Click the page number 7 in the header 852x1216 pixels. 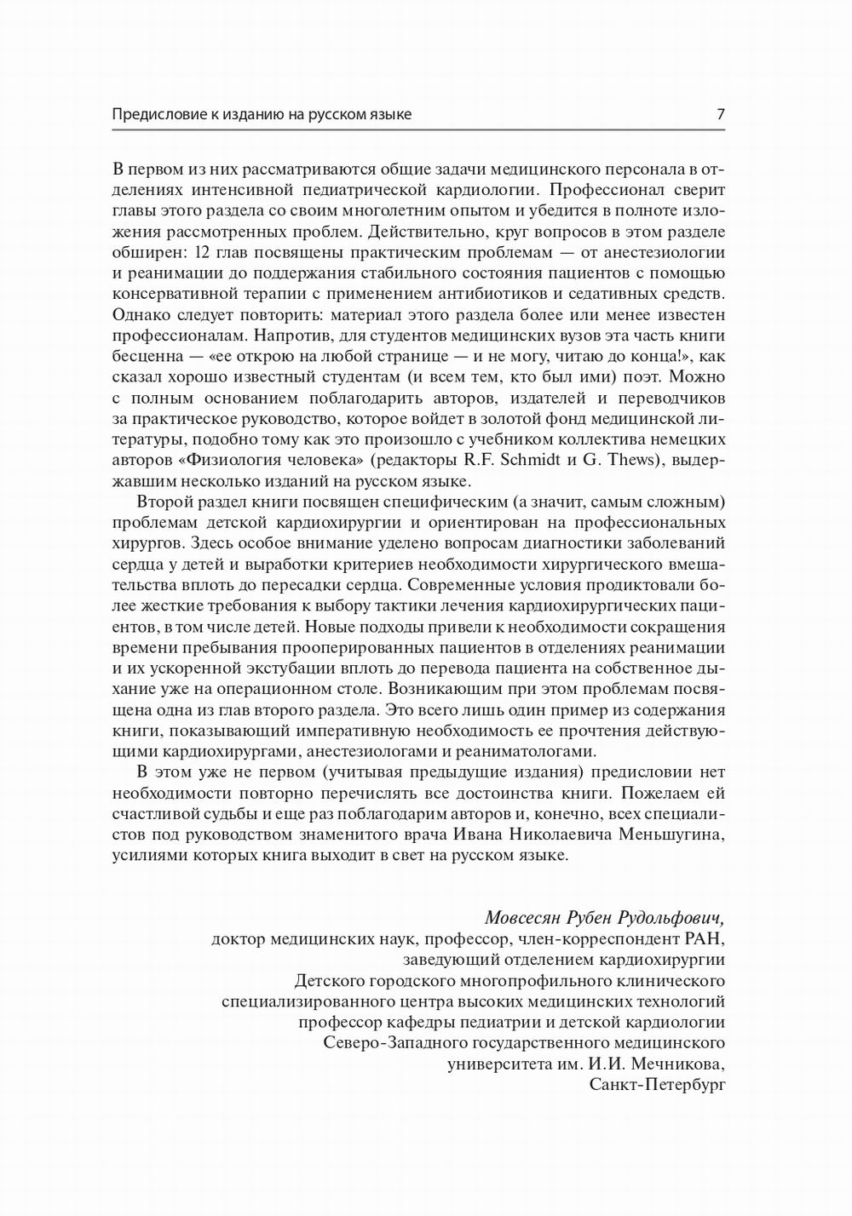pos(721,114)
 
